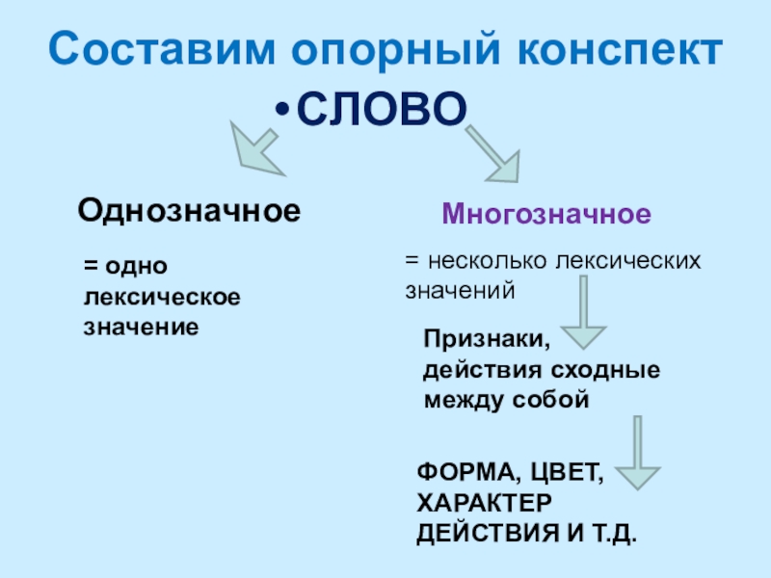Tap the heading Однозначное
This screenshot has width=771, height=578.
(x=189, y=208)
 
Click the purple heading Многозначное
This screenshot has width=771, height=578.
(x=546, y=213)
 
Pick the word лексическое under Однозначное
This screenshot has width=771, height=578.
(x=163, y=296)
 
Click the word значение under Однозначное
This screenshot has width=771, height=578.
(x=142, y=327)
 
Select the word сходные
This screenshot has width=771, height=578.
(x=605, y=370)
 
